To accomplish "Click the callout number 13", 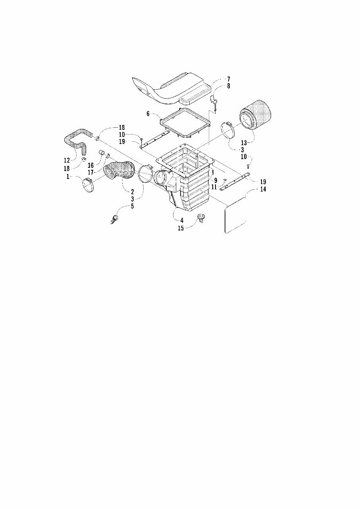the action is pos(244,143).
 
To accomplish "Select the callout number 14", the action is pos(263,189).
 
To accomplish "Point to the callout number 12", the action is pos(67,160).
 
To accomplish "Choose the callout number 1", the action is pos(68,176).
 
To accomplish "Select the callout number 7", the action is pos(228,79).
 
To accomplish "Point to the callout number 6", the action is pos(148,113).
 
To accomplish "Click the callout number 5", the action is pos(132,206).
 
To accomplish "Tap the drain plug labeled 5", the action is pos(115,219).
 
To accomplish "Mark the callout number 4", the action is pos(182,220).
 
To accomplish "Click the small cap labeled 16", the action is pos(102,152).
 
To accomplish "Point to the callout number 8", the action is pos(228,86).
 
